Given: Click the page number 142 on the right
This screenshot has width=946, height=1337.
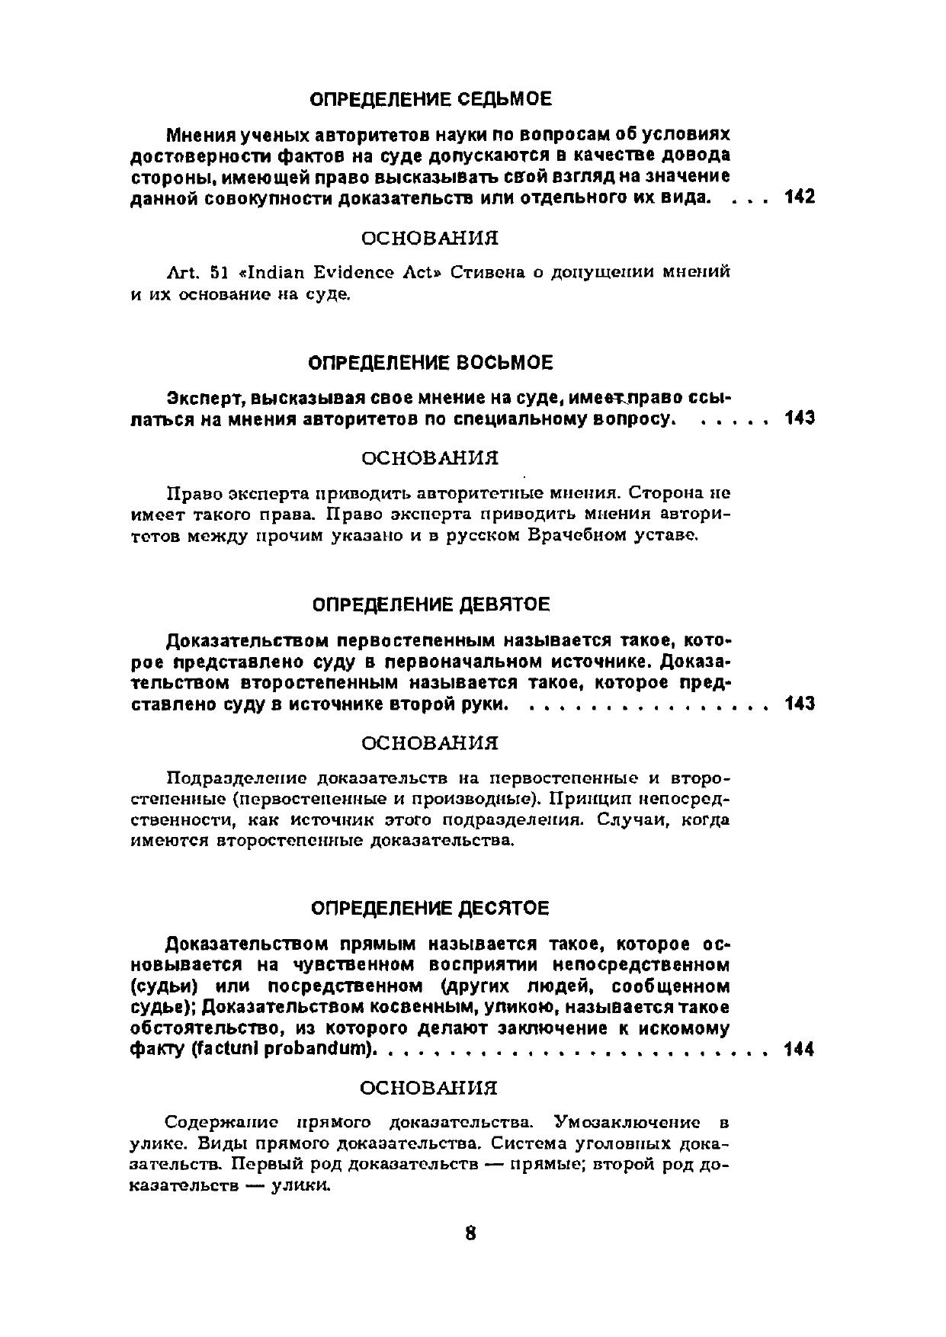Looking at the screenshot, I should pyautogui.click(x=799, y=197).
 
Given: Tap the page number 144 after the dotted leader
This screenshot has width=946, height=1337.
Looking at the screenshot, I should pyautogui.click(x=799, y=1050).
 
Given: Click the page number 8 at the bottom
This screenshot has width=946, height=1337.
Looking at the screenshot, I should pyautogui.click(x=470, y=1233).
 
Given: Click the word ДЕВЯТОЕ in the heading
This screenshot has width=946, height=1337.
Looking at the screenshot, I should pyautogui.click(x=505, y=604).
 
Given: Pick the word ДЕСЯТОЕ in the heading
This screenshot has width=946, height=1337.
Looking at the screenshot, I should pyautogui.click(x=505, y=909).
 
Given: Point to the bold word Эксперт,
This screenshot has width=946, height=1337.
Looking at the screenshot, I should pyautogui.click(x=205, y=398).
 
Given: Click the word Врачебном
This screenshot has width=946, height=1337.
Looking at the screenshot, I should pyautogui.click(x=574, y=536).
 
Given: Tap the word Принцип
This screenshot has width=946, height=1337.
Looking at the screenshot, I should pyautogui.click(x=592, y=799).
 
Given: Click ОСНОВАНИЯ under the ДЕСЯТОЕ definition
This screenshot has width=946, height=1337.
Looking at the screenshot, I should pyautogui.click(x=429, y=1087).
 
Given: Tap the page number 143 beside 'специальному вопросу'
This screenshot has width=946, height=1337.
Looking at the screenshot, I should pyautogui.click(x=799, y=418).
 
